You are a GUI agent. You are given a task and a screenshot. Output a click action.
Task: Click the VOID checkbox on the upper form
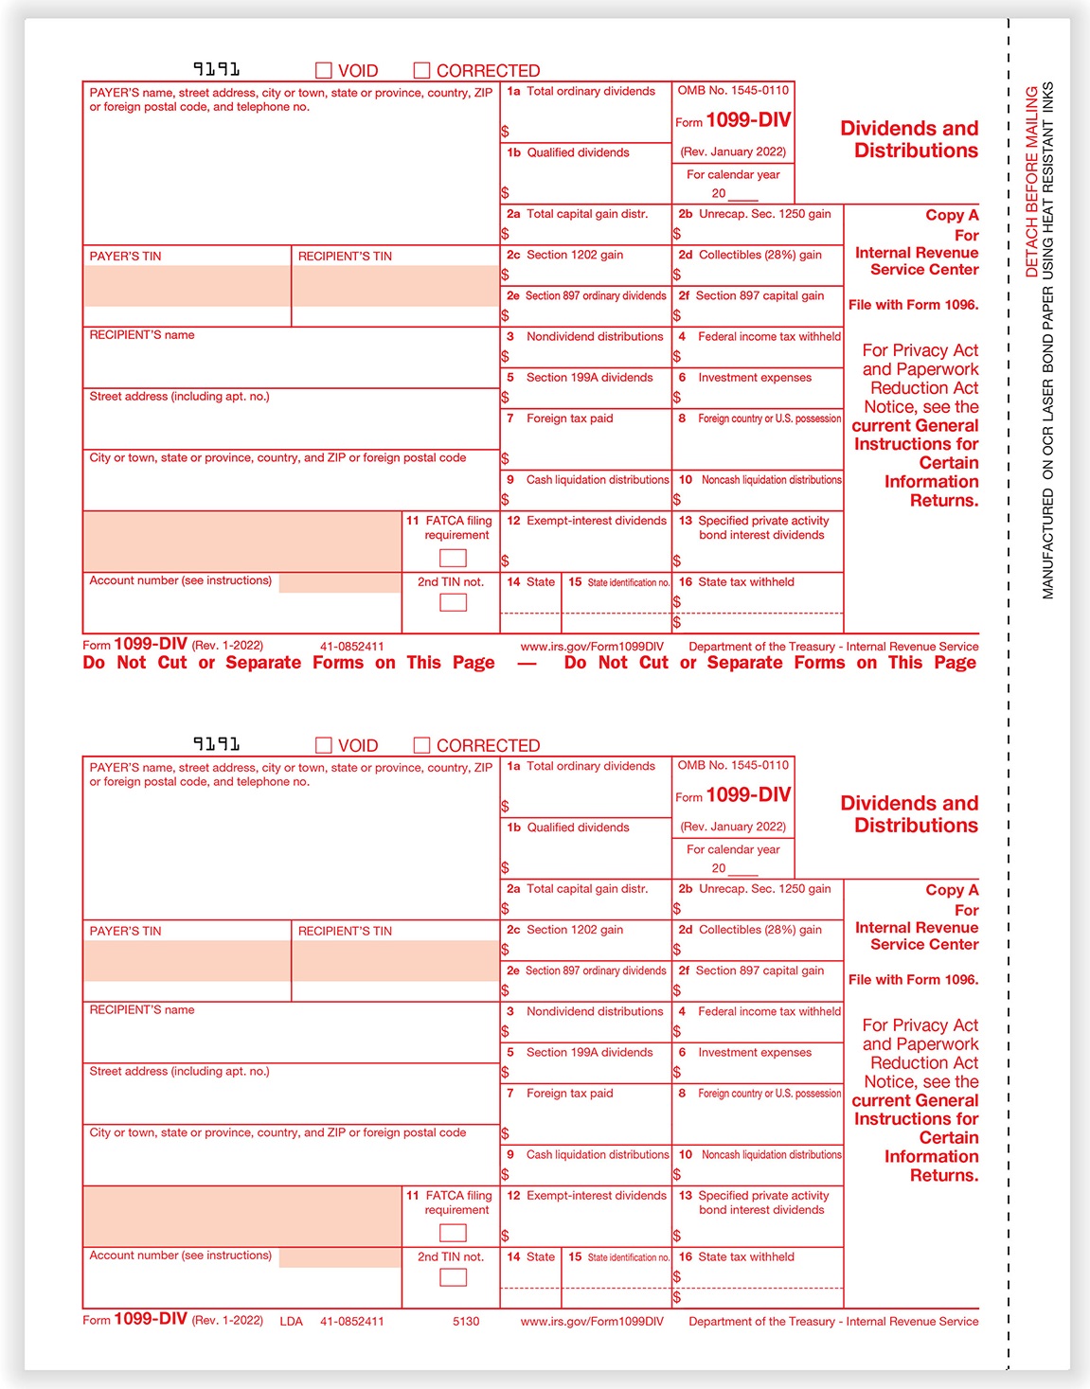(324, 70)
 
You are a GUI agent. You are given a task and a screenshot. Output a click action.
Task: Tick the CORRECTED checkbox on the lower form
(422, 745)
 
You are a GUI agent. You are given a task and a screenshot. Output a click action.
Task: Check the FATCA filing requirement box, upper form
(453, 559)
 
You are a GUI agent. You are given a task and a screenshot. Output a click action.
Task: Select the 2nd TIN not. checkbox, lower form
(453, 1277)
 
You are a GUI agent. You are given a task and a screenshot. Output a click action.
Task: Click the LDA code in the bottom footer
(292, 1321)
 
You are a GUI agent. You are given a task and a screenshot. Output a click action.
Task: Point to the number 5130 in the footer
(466, 1321)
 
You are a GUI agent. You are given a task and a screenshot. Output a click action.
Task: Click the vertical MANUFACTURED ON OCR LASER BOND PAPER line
(1048, 341)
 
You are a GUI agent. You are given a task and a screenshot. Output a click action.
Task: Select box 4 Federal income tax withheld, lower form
(758, 1022)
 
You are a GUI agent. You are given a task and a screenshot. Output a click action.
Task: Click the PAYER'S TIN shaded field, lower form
(187, 960)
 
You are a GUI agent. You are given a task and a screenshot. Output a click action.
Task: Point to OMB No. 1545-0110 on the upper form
(733, 91)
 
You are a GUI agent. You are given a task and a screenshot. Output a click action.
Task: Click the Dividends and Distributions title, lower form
(909, 814)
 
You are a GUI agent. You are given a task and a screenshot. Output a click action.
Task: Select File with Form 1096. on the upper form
(913, 305)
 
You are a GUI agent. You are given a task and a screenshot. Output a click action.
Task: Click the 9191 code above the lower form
(216, 744)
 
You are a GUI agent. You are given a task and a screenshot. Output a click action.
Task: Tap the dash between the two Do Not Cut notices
(527, 663)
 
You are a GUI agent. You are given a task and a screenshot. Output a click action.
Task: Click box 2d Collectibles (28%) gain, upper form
(758, 266)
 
